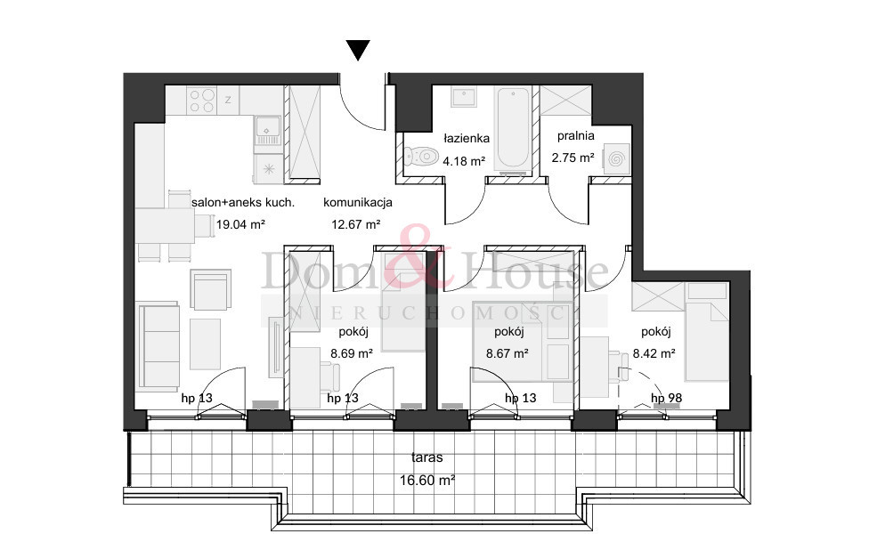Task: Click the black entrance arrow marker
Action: (x=358, y=50)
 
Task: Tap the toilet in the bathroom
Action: (x=421, y=157)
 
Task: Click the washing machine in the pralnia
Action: (x=616, y=159)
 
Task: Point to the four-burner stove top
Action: (x=201, y=101)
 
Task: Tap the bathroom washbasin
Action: (x=463, y=97)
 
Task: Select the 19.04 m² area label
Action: (x=240, y=224)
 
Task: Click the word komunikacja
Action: (x=357, y=202)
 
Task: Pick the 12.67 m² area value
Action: (x=356, y=224)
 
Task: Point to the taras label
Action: (x=426, y=457)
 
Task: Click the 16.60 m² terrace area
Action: (x=427, y=480)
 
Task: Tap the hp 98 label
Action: (x=666, y=398)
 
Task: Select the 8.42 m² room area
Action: (x=654, y=353)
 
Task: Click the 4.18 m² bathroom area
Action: (x=464, y=161)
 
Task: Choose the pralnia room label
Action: (x=576, y=135)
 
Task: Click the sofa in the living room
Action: (x=158, y=347)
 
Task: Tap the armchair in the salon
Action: (x=211, y=289)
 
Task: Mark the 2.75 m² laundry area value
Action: (x=573, y=158)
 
